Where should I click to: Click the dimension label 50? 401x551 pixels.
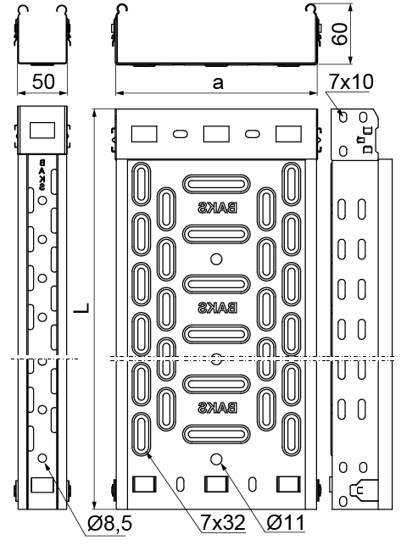coord(43,81)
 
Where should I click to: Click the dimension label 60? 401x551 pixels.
coord(340,34)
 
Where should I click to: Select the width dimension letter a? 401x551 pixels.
coord(218,83)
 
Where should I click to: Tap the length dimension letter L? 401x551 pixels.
coord(81,308)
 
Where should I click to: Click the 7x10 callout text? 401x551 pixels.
coord(351,82)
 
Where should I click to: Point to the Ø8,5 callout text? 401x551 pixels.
coord(109,524)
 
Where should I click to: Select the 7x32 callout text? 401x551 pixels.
coord(222,522)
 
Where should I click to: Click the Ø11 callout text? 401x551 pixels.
coord(286,522)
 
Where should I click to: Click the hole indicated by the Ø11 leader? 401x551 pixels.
coord(217,459)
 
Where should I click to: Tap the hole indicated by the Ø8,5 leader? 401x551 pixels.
coord(42,459)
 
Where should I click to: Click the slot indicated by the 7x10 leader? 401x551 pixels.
coord(343,116)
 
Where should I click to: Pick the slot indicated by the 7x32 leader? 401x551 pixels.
coord(142,435)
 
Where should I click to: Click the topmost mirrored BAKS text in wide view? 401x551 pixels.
coord(217,208)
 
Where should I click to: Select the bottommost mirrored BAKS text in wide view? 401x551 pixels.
coord(217,408)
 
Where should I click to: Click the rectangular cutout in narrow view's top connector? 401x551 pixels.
coord(42,130)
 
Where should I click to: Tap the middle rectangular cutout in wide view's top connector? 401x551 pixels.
coord(216,134)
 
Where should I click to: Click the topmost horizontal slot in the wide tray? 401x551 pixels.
coord(216,184)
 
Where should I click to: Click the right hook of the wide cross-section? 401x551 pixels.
coord(310,9)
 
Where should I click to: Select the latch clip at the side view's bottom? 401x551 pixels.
coord(364,489)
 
